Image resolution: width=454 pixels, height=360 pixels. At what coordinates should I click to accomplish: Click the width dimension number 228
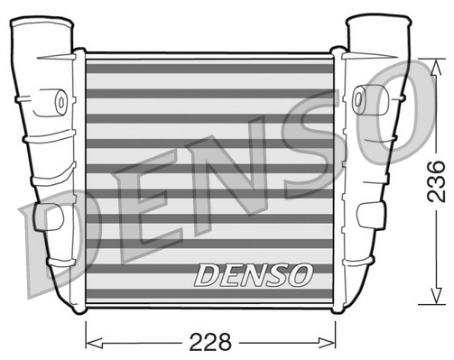[x=210, y=342]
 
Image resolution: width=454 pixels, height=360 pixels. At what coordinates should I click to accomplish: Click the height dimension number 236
[x=436, y=181]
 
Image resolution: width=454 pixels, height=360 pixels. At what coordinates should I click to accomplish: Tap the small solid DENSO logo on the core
[x=253, y=275]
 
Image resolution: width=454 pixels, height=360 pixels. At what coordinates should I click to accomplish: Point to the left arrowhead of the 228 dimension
[x=94, y=342]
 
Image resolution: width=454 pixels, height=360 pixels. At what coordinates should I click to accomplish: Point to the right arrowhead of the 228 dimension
[x=327, y=342]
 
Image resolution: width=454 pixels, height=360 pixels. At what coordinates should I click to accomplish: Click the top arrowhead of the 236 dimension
[x=436, y=68]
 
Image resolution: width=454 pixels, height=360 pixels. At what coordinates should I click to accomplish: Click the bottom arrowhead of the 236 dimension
[x=436, y=295]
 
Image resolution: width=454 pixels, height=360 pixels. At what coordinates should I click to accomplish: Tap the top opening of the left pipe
[x=42, y=23]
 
